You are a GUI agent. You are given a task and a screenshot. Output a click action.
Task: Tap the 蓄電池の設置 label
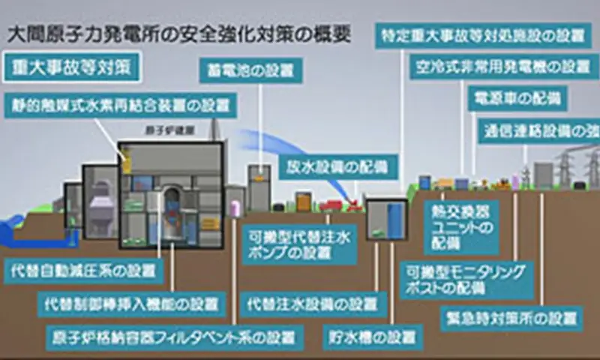[x=250, y=70]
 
